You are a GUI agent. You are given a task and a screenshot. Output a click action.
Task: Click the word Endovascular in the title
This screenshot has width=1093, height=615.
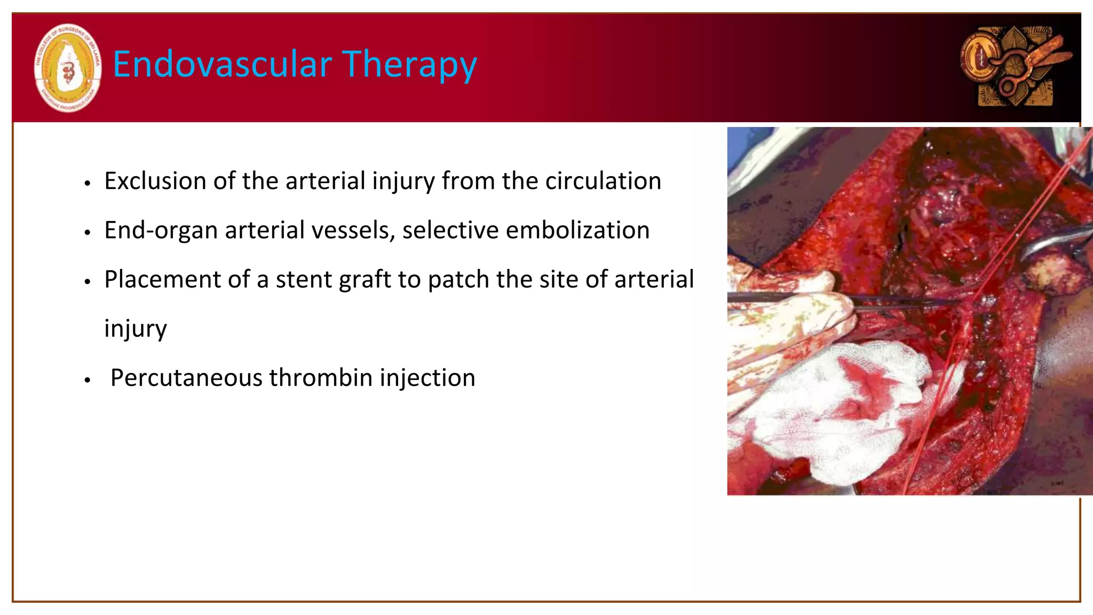[x=223, y=65]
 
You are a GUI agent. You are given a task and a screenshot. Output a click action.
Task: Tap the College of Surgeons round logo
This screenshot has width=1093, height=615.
[x=68, y=68]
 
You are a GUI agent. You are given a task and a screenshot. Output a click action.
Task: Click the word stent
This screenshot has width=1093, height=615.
[x=304, y=280]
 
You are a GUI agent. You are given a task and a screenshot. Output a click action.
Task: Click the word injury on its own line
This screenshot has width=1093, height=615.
[x=136, y=328]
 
